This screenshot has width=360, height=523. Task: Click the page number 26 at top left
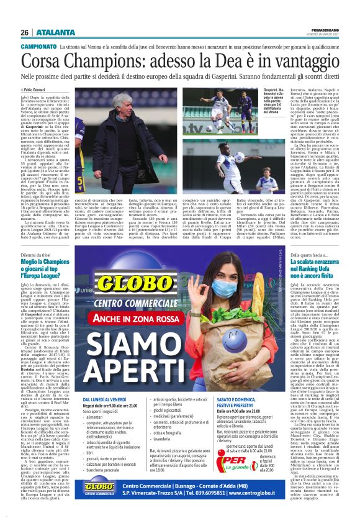24,32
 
